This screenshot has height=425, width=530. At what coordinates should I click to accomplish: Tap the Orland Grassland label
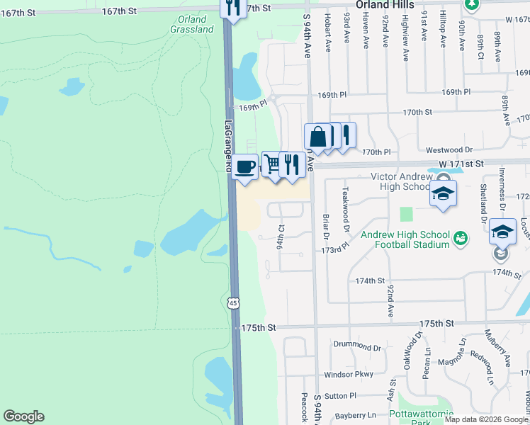click(191, 25)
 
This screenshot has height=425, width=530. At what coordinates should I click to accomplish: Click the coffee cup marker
click(244, 167)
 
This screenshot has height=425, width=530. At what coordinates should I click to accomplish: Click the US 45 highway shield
click(234, 303)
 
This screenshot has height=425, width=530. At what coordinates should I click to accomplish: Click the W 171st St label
click(460, 164)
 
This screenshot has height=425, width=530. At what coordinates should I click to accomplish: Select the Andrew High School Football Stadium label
click(405, 239)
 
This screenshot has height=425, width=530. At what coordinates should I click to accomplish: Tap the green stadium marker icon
click(460, 237)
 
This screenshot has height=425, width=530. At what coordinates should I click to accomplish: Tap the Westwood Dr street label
click(449, 150)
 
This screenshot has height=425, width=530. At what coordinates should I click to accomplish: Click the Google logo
click(23, 416)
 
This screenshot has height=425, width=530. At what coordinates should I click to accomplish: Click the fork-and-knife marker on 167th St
click(232, 9)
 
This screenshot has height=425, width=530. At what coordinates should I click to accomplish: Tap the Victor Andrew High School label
click(402, 181)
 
